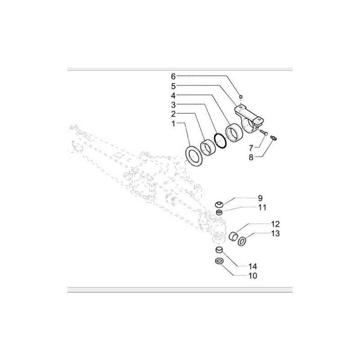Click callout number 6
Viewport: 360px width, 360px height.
[x=173, y=76]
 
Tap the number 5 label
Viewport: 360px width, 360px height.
[x=173, y=86]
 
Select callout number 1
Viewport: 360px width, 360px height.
[x=174, y=124]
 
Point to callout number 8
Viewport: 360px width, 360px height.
[x=251, y=157]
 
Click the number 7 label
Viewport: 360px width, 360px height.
[x=251, y=148]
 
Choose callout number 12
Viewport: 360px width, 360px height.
[x=275, y=224]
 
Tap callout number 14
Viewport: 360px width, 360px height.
[x=252, y=266]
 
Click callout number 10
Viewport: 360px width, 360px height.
[x=252, y=276]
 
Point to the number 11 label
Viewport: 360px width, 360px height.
[x=262, y=207]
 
